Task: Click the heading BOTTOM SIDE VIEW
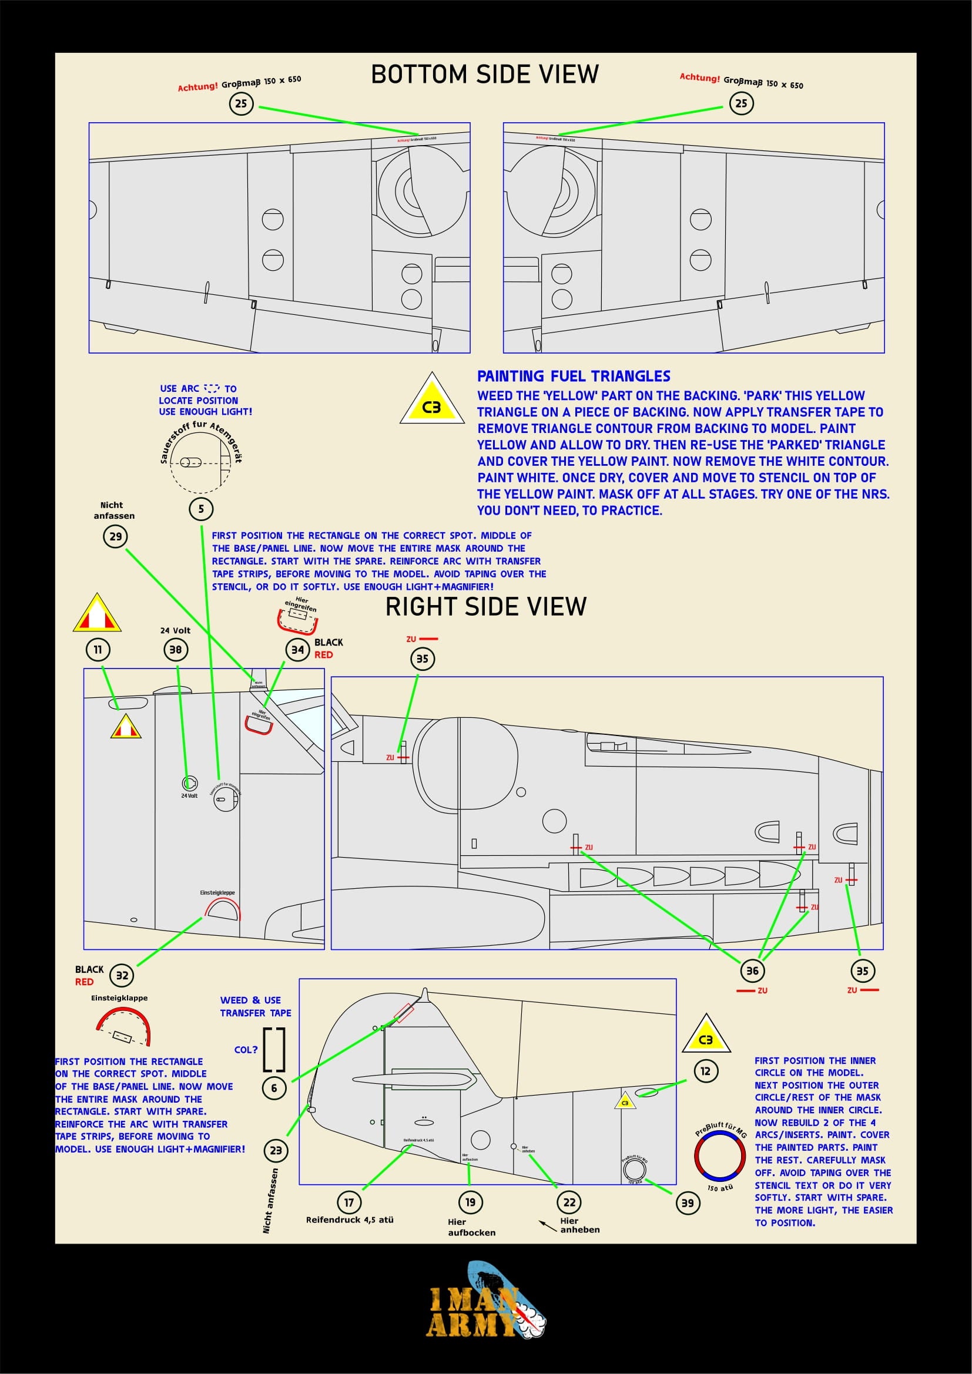(x=485, y=75)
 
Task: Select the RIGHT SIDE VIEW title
(x=485, y=607)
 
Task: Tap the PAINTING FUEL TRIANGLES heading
(x=574, y=377)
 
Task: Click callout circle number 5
(x=201, y=509)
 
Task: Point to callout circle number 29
(x=116, y=536)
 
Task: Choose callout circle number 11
(x=98, y=650)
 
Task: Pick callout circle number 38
(x=175, y=650)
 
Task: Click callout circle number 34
(x=297, y=650)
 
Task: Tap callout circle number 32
(x=122, y=976)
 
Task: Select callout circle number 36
(x=752, y=970)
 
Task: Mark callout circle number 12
(x=706, y=1071)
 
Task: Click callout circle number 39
(x=688, y=1203)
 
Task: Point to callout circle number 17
(x=349, y=1202)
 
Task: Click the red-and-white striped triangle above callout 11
(x=98, y=615)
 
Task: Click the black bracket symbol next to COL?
(x=274, y=1050)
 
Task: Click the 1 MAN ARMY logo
(x=485, y=1310)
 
